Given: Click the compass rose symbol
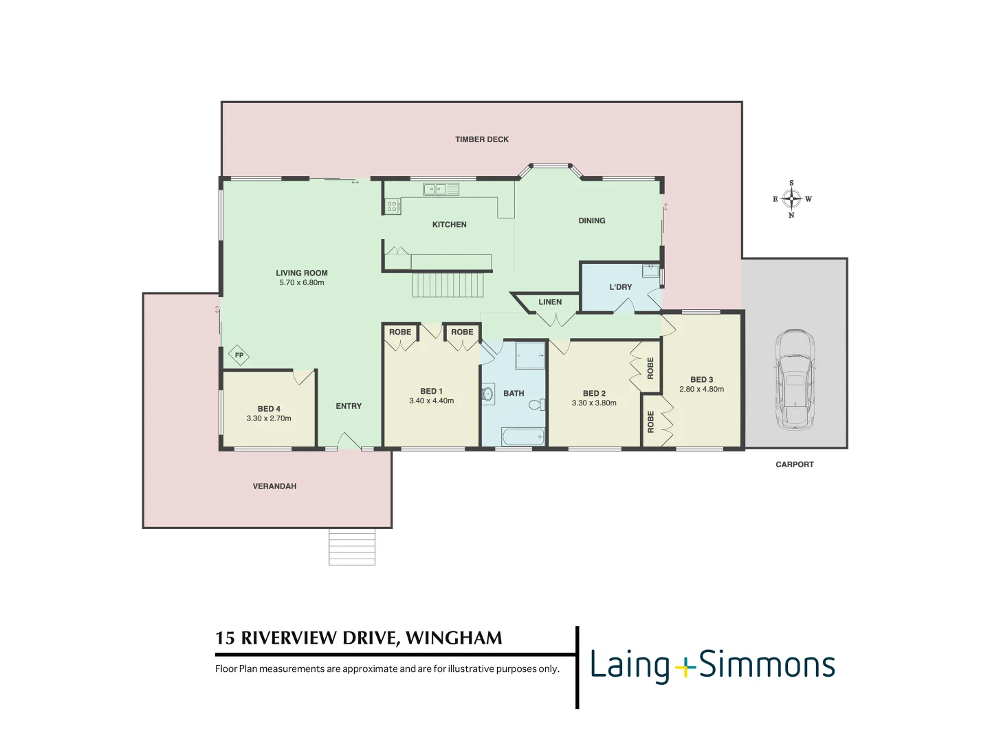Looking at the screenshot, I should point(791,199).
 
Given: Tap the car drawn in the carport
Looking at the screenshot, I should point(795,380).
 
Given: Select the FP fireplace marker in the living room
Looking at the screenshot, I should point(239,355).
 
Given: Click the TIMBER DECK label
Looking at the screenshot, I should point(481,139).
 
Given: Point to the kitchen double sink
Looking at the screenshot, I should point(441,189).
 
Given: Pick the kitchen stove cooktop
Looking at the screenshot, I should point(393,206).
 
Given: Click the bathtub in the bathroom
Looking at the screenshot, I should point(522,436).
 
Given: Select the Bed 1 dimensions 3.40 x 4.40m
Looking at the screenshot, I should point(431,401).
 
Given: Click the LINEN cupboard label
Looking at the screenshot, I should point(549,302).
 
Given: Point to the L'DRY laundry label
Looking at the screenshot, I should point(620,287).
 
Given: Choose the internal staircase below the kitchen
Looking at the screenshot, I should point(448,284).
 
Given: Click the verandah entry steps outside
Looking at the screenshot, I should point(352,547).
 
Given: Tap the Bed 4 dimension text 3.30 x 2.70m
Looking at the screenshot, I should point(269,418).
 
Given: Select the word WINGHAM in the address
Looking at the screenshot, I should point(454,638).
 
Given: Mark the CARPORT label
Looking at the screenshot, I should point(794,464).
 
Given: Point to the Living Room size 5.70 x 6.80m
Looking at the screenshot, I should point(302,283).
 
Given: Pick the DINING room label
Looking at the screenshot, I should point(591,221).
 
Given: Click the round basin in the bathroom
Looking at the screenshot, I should point(488,394).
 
